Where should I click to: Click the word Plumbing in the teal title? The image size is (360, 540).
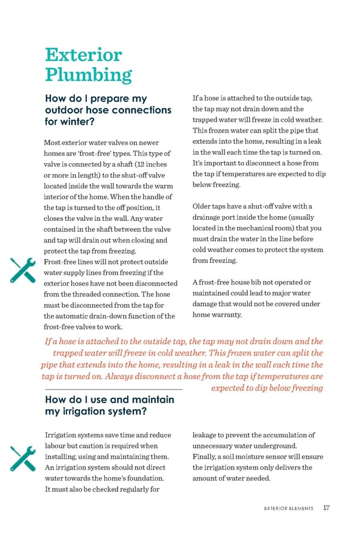[88, 76]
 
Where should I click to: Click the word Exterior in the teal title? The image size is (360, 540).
[83, 55]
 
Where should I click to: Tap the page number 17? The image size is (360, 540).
[325, 508]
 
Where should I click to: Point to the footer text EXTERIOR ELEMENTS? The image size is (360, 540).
[289, 508]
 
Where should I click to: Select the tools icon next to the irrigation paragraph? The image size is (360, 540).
[24, 459]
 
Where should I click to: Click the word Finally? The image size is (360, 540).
[206, 457]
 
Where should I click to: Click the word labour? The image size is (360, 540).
[56, 446]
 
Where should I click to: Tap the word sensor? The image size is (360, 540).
[280, 457]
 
